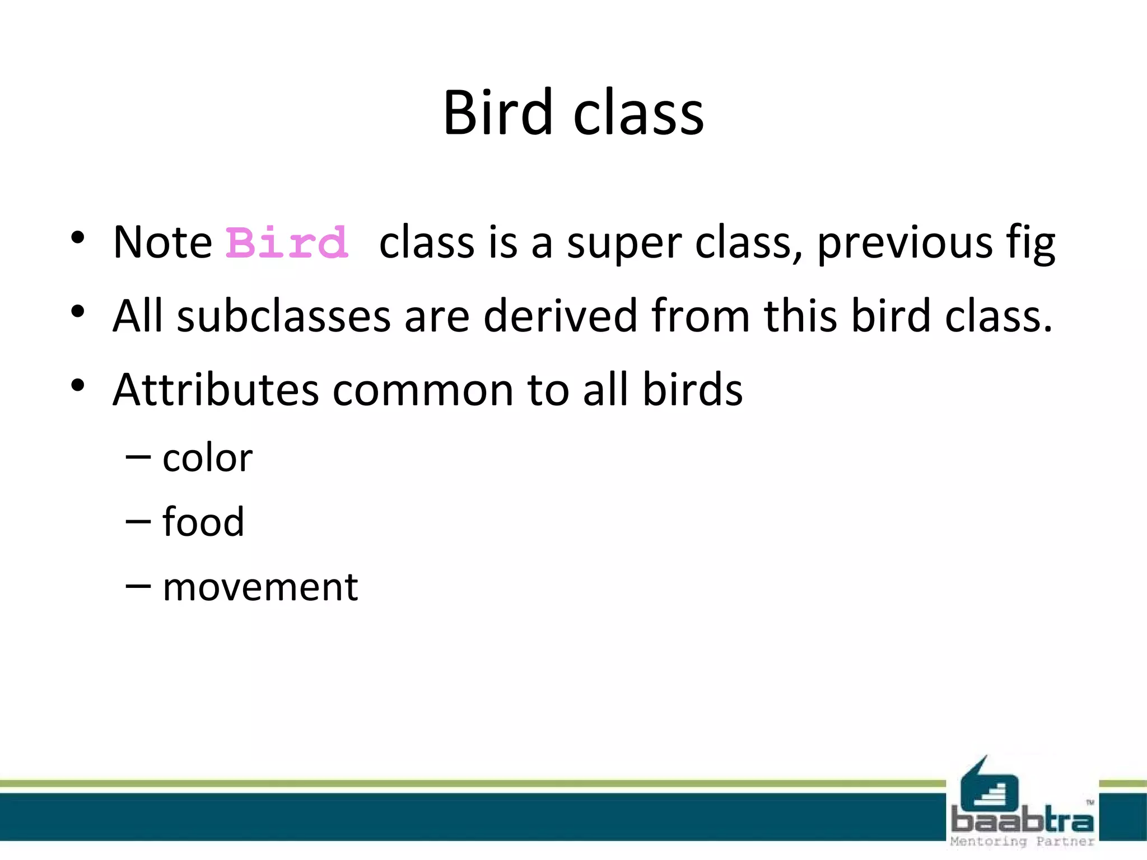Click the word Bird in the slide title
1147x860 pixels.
[497, 113]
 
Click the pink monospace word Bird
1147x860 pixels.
[287, 243]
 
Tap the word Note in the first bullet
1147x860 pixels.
[162, 243]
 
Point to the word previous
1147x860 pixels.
[904, 244]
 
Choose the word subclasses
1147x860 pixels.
[283, 316]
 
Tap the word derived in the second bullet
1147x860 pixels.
[560, 316]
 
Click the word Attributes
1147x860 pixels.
[216, 390]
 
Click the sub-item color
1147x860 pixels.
[208, 458]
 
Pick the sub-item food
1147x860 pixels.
[203, 522]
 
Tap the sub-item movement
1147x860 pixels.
[260, 587]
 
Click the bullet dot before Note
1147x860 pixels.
[78, 237]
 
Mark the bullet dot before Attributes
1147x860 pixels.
[78, 385]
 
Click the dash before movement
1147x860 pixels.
[138, 586]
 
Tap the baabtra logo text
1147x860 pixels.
[1022, 820]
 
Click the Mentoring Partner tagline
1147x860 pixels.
[1022, 842]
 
